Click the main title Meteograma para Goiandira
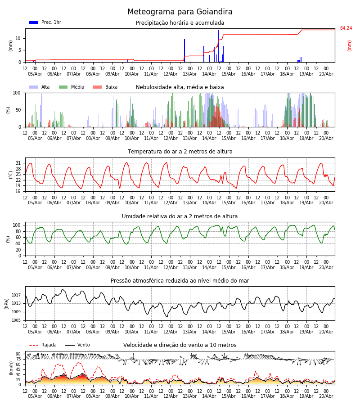click(x=180, y=12)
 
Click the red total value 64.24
click(x=346, y=28)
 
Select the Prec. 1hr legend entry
click(x=45, y=22)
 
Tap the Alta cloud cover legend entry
click(x=39, y=87)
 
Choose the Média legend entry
click(x=72, y=87)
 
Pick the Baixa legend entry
click(x=105, y=87)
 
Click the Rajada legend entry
click(x=43, y=345)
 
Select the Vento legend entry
click(x=77, y=345)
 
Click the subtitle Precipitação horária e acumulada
click(x=180, y=23)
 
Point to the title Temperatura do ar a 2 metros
click(x=180, y=152)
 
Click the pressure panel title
click(x=180, y=280)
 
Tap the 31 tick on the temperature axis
click(x=18, y=163)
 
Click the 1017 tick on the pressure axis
click(x=16, y=295)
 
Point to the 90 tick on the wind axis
click(x=18, y=354)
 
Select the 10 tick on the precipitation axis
click(x=18, y=39)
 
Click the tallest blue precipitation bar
click(x=218, y=46)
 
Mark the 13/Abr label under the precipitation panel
click(x=190, y=74)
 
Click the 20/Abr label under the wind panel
click(x=326, y=396)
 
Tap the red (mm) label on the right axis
click(x=349, y=46)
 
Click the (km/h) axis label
click(x=11, y=368)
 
